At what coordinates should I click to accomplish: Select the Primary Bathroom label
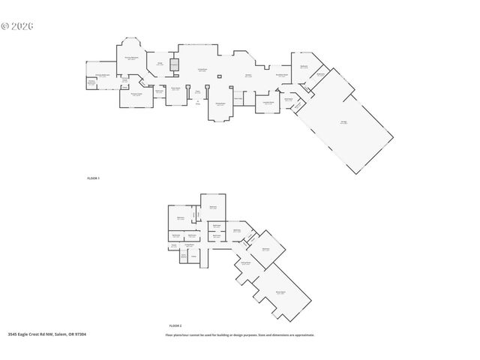(101, 76)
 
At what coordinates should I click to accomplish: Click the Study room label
(159, 64)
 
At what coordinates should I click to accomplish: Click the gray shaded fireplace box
(174, 65)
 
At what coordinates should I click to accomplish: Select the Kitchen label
(247, 76)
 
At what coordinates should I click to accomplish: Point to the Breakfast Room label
(282, 75)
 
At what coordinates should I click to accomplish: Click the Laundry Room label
(267, 103)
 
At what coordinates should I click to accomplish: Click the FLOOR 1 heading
(93, 178)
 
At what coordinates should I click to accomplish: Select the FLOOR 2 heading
(175, 325)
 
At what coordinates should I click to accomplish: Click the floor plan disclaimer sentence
(240, 334)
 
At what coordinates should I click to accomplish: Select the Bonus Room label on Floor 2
(280, 293)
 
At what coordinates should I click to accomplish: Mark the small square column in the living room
(214, 75)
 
